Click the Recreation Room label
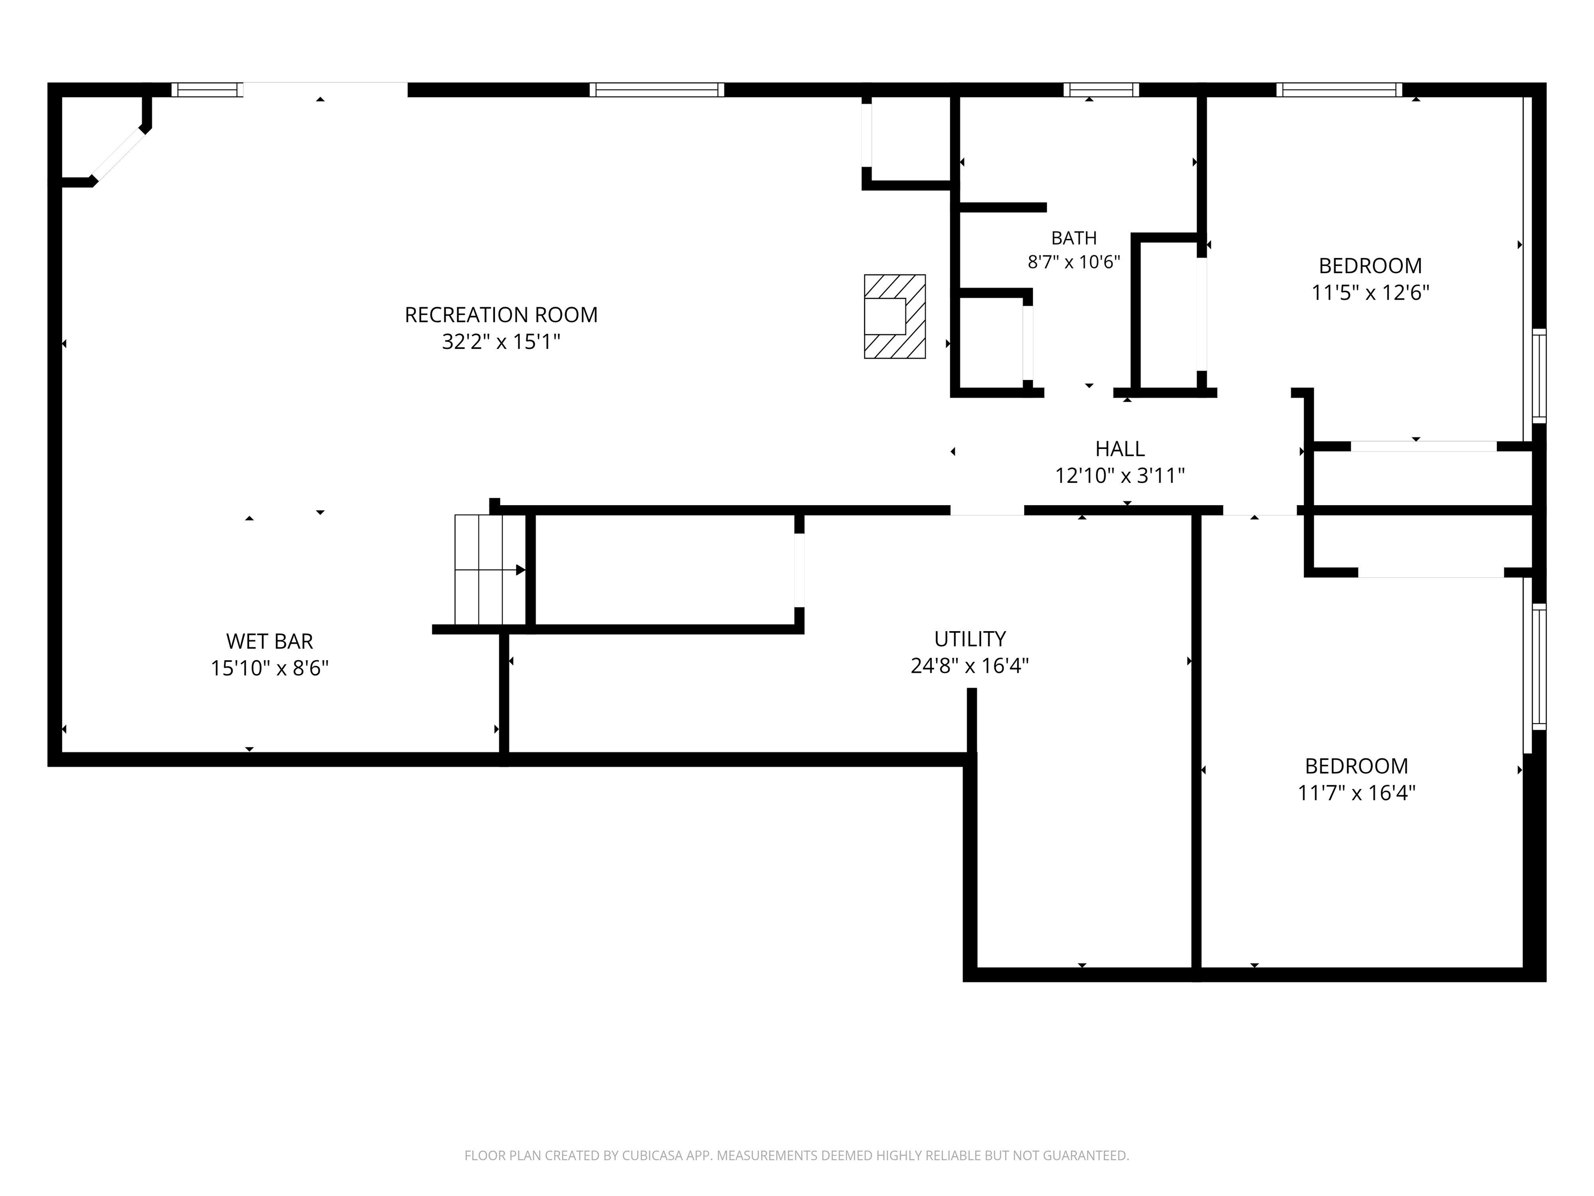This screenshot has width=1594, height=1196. click(501, 315)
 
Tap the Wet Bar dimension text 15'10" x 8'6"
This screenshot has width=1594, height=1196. click(269, 668)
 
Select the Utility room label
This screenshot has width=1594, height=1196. click(970, 638)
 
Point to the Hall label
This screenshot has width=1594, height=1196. click(1120, 448)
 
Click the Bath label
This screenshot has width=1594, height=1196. click(1074, 238)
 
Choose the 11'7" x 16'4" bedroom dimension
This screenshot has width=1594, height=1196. click(1357, 793)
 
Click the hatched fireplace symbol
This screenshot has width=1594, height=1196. click(895, 317)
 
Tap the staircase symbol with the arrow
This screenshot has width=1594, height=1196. click(490, 569)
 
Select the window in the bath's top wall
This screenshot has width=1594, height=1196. click(1101, 89)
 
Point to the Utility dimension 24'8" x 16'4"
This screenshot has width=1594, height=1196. click(970, 665)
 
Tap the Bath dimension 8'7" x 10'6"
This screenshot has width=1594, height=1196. click(1074, 262)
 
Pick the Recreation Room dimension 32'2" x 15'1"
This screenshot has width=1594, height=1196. click(501, 342)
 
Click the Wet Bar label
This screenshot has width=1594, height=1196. click(269, 641)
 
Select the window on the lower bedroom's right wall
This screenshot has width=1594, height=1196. click(1538, 667)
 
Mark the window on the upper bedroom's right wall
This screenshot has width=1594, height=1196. click(1538, 376)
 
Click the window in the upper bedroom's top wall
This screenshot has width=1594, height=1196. click(1340, 89)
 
